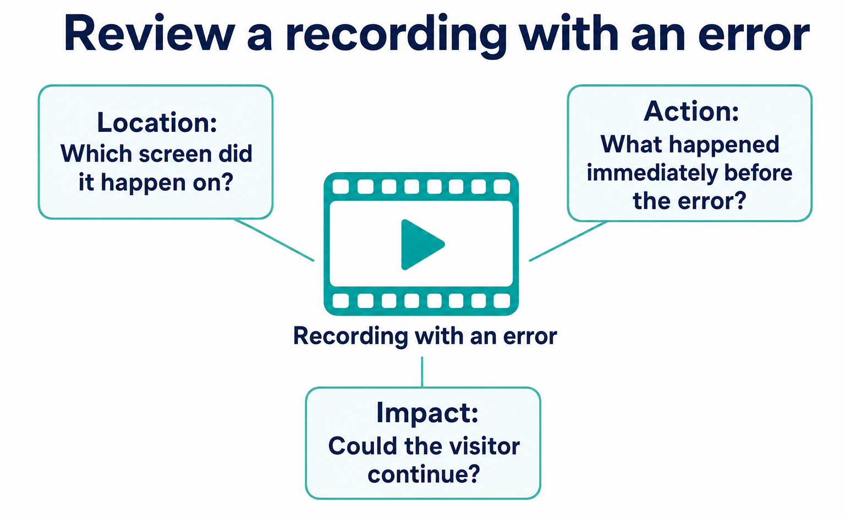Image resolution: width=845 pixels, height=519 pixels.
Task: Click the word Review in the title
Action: click(x=150, y=34)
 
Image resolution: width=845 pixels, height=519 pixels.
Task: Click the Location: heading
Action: click(x=157, y=122)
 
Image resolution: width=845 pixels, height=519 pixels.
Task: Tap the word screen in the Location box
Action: click(x=174, y=154)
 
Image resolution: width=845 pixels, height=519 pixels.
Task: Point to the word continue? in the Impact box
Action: click(x=424, y=474)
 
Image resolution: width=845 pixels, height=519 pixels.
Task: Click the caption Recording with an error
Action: click(x=425, y=336)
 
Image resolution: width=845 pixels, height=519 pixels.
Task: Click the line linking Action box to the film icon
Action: click(x=568, y=241)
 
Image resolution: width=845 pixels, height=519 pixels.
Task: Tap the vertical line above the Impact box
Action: click(x=422, y=372)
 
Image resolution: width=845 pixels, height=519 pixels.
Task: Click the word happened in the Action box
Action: click(x=724, y=145)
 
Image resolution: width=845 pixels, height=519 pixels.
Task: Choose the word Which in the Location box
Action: click(x=96, y=153)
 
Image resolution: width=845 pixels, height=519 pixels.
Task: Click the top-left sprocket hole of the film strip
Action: click(x=341, y=186)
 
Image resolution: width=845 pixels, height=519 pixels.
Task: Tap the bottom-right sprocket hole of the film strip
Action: click(x=502, y=301)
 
